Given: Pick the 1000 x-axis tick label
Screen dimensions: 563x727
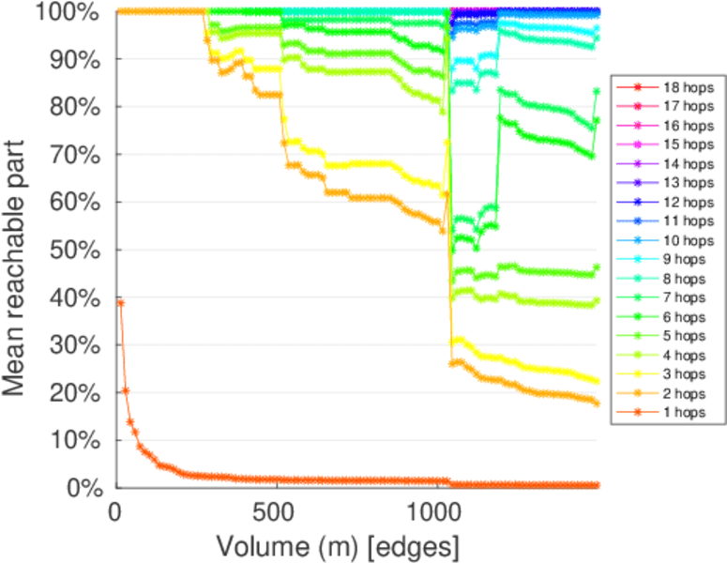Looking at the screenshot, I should tap(435, 511).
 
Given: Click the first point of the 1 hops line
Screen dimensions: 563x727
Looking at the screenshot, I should tap(120, 303).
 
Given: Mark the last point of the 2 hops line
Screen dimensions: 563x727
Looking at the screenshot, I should tap(597, 403).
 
